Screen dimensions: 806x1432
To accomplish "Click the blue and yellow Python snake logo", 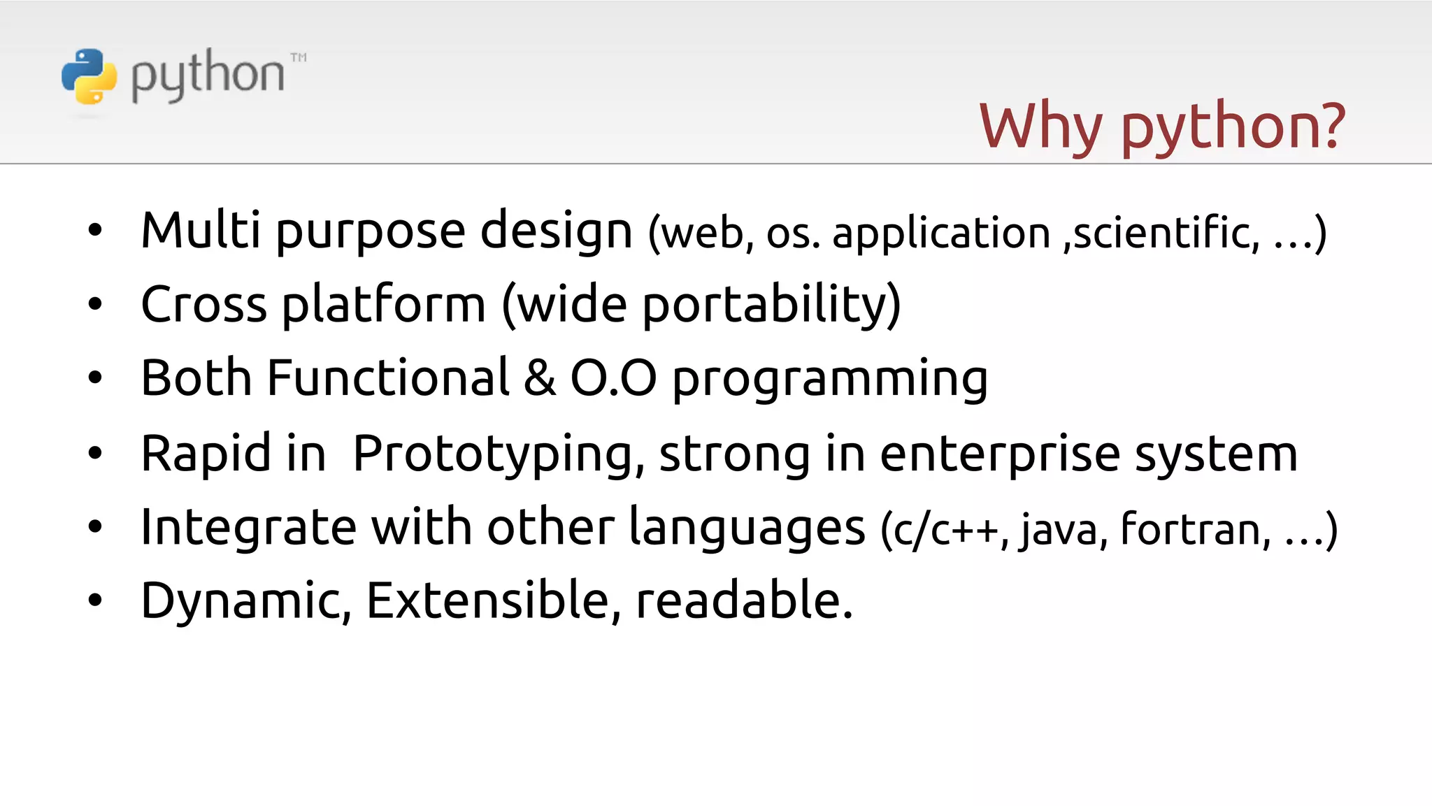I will [x=89, y=76].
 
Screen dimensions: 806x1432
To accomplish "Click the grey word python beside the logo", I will [x=208, y=75].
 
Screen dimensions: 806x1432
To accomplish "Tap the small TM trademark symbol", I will [x=299, y=57].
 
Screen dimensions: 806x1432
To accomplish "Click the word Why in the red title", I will [x=1040, y=127].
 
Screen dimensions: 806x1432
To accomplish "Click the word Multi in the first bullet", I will [x=201, y=230].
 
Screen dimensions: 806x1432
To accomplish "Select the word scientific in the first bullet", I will [x=1166, y=232].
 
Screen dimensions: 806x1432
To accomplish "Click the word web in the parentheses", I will [x=703, y=233].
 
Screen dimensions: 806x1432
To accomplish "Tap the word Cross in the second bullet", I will [x=203, y=305].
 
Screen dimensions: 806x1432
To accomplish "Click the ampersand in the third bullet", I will [x=539, y=378].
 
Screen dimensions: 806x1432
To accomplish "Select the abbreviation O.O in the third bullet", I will [x=613, y=378].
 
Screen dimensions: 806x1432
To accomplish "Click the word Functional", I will [x=388, y=378].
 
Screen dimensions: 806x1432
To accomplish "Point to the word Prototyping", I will [x=499, y=454].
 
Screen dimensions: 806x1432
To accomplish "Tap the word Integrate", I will [x=248, y=528].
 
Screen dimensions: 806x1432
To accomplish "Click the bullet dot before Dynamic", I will [x=95, y=600].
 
